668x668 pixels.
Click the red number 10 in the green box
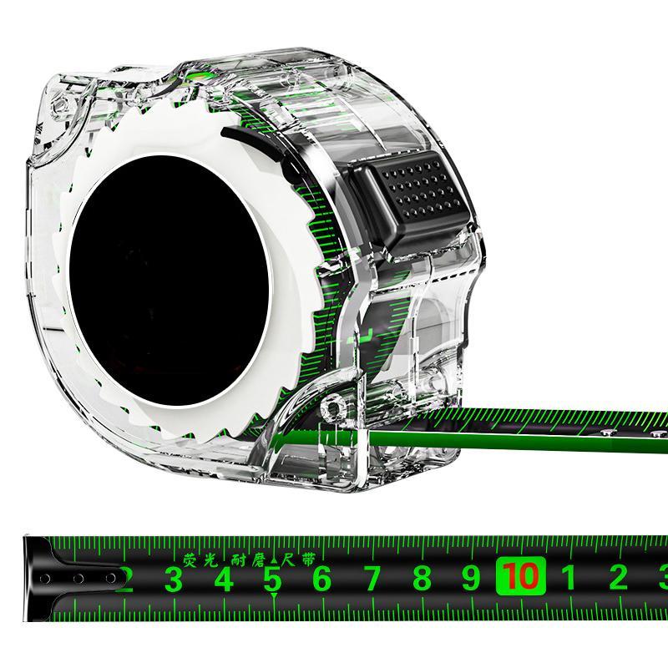point(520,576)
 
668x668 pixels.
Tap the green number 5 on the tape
point(273,579)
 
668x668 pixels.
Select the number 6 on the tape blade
point(322,579)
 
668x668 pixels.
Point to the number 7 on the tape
point(372,578)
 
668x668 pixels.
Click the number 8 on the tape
point(423,577)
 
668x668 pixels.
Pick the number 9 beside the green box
point(472,577)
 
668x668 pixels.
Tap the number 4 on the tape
point(223,579)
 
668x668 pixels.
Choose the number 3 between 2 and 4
point(173,579)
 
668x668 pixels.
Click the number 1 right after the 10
point(569,577)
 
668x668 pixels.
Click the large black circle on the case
point(169,280)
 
